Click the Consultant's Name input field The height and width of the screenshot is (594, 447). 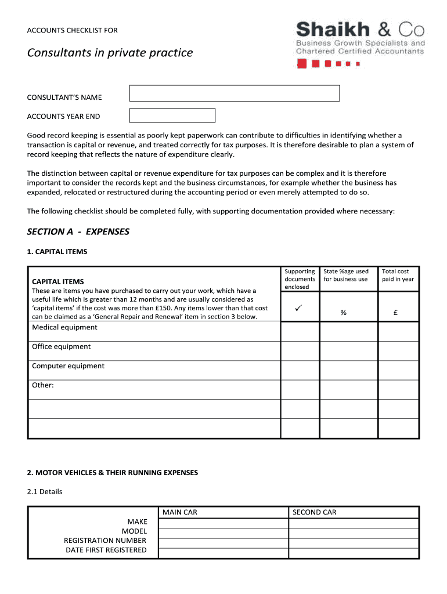(234, 93)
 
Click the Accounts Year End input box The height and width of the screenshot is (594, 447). (172, 115)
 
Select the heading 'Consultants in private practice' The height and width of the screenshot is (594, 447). (110, 53)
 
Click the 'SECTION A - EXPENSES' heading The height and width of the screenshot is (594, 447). (78, 231)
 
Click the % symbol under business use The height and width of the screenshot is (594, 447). (344, 313)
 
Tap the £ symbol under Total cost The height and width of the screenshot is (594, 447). (395, 313)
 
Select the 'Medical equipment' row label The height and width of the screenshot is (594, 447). (64, 327)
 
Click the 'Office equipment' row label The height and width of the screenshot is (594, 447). (61, 346)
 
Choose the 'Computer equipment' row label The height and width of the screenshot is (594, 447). (68, 366)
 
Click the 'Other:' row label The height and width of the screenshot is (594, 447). (43, 385)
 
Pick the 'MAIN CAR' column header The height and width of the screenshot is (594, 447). (180, 512)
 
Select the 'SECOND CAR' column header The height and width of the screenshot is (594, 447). (314, 512)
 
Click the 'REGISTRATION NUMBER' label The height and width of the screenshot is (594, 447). (105, 541)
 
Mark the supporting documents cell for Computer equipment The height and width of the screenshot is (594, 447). (300, 370)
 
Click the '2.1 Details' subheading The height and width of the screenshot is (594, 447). (45, 491)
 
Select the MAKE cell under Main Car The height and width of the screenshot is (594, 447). (223, 523)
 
